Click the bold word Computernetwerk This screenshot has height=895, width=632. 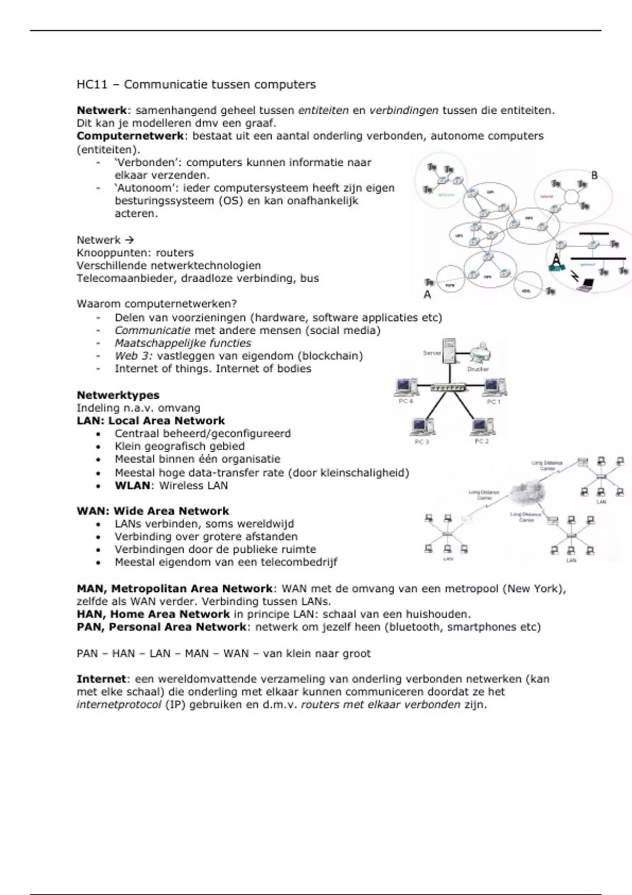point(130,136)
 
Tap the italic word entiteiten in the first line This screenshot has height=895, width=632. point(323,111)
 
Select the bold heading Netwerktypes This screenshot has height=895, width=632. point(118,395)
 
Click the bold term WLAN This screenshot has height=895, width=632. point(132,485)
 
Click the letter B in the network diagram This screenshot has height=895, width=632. point(595,175)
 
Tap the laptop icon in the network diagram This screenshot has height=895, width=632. point(586,285)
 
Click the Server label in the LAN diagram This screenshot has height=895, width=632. point(432,353)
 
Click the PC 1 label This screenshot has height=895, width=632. point(493,402)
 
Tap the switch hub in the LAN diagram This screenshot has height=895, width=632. point(448,388)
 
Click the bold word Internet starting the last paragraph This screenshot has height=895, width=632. point(102,679)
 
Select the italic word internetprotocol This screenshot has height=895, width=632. point(119,704)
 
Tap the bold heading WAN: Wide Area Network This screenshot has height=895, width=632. point(153,511)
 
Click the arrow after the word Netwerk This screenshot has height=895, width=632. point(129,240)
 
